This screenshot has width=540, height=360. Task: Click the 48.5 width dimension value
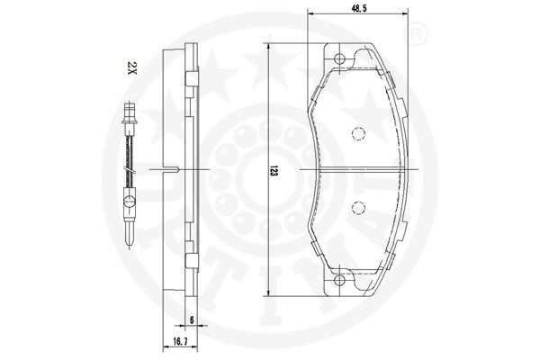tap(357, 8)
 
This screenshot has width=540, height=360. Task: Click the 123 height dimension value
tap(274, 171)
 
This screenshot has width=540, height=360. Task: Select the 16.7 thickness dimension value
tap(180, 342)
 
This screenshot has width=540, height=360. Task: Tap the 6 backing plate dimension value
tap(192, 320)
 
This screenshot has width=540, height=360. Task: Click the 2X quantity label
tap(132, 67)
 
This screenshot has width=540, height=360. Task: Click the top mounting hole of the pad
tap(339, 58)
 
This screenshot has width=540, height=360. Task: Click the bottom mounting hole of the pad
tap(339, 280)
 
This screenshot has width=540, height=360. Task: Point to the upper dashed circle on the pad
tap(358, 134)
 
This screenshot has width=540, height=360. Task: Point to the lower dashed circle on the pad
tap(358, 207)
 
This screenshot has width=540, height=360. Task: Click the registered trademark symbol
tap(416, 33)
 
